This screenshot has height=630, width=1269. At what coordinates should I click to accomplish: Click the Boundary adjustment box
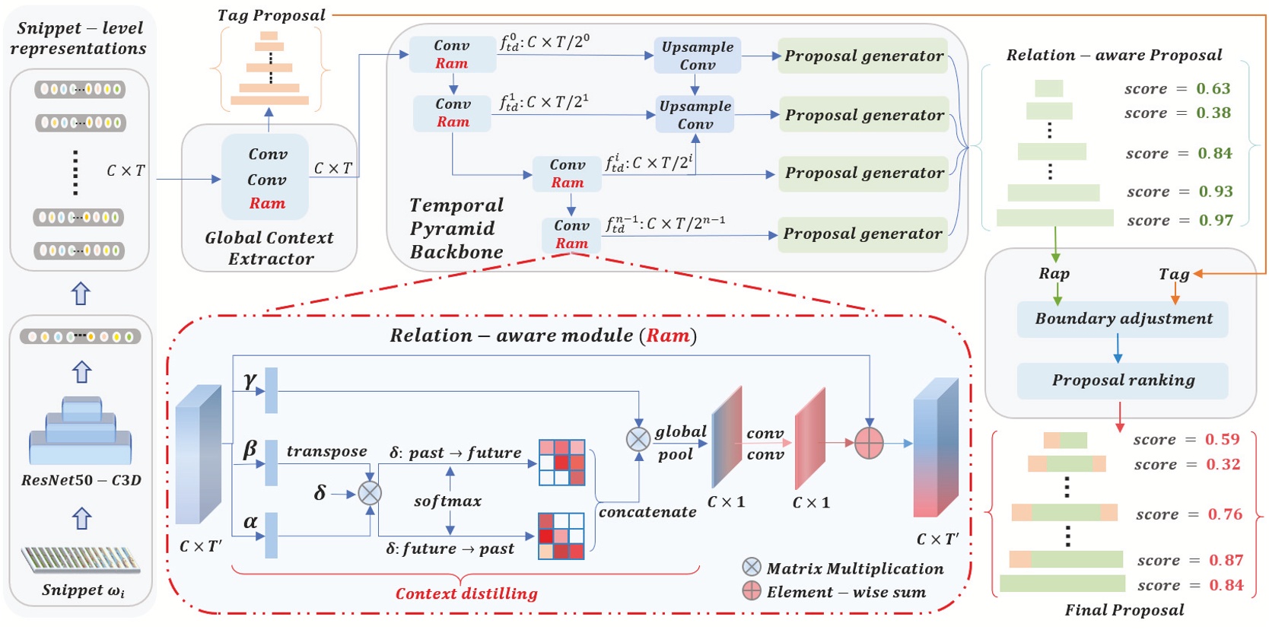pos(1122,319)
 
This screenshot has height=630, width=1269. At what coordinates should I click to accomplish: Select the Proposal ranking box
pos(1122,380)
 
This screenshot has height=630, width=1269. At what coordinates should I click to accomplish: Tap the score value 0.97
pos(1216,221)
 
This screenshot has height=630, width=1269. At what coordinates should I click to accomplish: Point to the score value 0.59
pos(1222,440)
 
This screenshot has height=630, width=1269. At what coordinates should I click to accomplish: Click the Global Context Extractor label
pos(269,248)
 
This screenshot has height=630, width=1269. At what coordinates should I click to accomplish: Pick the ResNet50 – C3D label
pos(81,480)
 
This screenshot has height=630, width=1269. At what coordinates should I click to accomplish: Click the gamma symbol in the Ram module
pos(250,380)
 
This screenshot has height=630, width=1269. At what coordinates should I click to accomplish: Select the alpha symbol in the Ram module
pos(250,522)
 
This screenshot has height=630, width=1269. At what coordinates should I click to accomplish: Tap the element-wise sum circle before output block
pos(869,443)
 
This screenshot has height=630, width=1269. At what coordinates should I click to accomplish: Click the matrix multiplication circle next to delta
pos(370,493)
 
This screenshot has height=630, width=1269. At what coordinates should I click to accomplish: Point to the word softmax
pos(447,501)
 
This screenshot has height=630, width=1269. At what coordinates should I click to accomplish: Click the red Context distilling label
pos(466,593)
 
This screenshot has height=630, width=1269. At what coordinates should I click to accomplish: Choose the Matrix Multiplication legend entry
pos(854,568)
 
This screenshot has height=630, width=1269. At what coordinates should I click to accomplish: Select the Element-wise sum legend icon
pos(752,590)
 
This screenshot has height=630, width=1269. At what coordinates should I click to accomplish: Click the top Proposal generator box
pos(863,56)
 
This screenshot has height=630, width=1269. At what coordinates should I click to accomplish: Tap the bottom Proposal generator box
pos(862,234)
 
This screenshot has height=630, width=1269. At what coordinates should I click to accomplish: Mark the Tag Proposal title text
pos(271,15)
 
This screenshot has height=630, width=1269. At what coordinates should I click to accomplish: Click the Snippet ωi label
pos(82,590)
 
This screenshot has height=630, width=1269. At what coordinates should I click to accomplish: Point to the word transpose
pos(326,451)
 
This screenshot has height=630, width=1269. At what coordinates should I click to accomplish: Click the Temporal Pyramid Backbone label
pos(456,228)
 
